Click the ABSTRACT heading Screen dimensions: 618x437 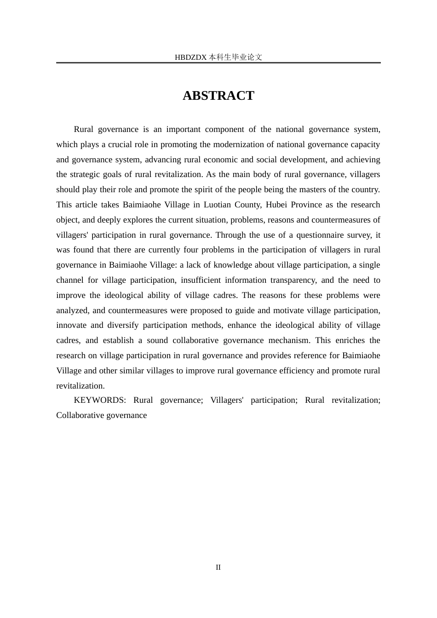[218, 96]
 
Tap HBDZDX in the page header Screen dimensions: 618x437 [190, 57]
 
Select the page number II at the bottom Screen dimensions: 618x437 [218, 567]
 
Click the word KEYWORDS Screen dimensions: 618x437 [99, 400]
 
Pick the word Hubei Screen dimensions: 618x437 [276, 205]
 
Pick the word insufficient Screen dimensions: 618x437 [200, 280]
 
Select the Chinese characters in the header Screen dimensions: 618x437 [236, 57]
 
